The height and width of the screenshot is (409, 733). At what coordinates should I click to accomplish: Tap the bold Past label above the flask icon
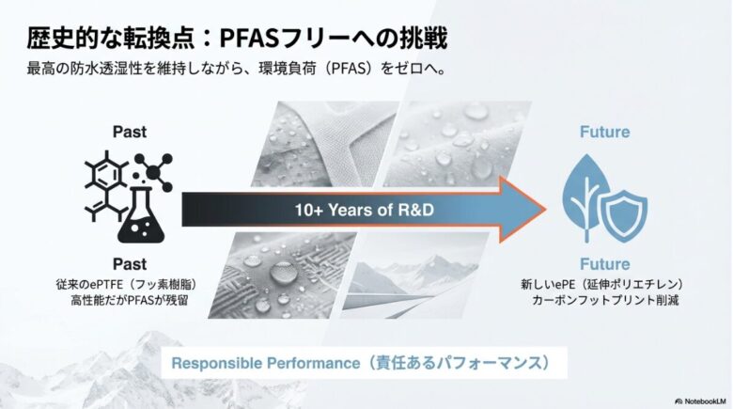click(130, 132)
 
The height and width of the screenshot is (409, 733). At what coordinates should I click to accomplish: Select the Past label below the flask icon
click(130, 264)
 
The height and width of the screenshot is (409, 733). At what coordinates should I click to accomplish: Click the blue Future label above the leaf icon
click(603, 133)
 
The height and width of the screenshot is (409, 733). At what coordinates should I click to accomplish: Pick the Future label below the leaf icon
click(603, 264)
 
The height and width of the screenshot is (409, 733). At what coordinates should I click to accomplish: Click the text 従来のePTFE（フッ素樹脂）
click(130, 283)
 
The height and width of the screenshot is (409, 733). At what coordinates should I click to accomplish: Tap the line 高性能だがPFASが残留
click(130, 301)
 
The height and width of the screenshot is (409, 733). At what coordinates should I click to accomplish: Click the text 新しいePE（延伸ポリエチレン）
click(603, 283)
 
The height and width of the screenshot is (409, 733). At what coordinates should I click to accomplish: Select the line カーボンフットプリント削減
click(603, 301)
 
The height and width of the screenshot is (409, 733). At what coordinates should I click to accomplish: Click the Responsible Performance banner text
click(361, 361)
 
